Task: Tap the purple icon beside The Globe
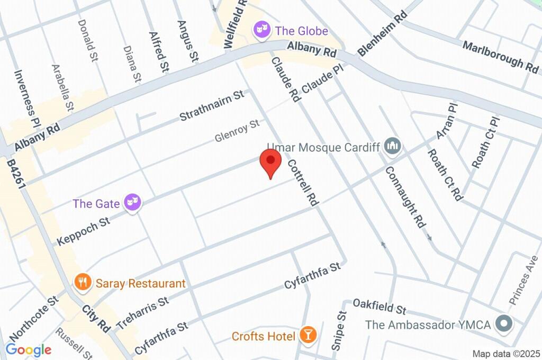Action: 261,31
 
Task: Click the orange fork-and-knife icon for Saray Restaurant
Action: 82,283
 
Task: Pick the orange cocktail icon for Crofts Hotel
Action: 308,335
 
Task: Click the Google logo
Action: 28,349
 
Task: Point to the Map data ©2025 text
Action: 505,354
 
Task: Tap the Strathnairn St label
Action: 211,105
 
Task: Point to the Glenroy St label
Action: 238,131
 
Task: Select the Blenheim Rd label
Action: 382,34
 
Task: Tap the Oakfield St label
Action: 379,306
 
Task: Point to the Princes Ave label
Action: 520,286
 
